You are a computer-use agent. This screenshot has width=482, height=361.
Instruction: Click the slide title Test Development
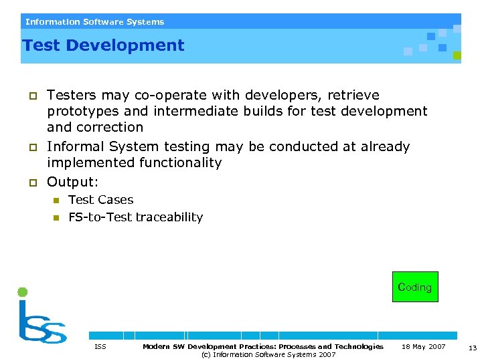pos(103,45)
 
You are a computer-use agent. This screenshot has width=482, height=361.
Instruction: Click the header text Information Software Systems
pos(94,22)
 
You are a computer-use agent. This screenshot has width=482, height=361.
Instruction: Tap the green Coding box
pos(414,287)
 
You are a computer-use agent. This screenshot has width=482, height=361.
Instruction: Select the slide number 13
pos(471,347)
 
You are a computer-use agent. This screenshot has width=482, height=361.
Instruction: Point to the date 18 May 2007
pos(423,346)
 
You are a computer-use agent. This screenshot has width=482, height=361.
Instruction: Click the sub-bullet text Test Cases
pos(100,199)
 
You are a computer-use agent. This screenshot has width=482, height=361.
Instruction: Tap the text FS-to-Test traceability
pos(135,217)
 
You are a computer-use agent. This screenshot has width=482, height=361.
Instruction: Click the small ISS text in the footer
pos(100,346)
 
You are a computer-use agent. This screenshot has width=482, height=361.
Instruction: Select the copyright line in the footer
pos(268,354)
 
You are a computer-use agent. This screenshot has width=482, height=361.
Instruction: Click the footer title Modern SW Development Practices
pos(262,346)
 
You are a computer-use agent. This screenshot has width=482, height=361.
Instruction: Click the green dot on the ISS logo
pos(23,292)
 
